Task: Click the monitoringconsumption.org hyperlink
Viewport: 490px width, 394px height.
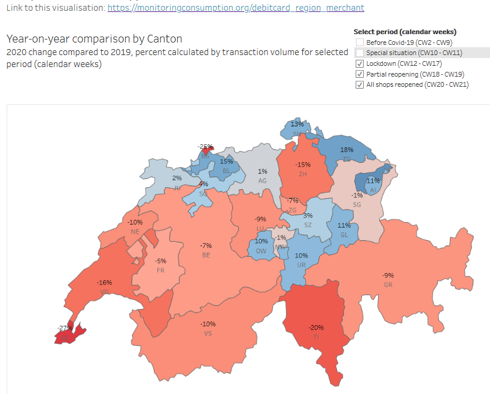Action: click(235, 8)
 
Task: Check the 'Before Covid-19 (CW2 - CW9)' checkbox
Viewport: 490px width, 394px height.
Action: click(360, 43)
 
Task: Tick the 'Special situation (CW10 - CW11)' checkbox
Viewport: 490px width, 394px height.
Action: click(360, 53)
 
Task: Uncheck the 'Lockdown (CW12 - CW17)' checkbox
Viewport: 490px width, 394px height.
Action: click(360, 63)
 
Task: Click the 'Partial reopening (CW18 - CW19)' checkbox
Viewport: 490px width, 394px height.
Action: click(360, 74)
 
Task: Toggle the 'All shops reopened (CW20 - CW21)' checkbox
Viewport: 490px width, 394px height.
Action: click(360, 85)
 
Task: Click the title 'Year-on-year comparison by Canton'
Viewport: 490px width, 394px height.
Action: click(95, 39)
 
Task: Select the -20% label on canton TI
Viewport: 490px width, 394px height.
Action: click(316, 328)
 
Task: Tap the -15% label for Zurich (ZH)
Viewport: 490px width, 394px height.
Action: click(303, 165)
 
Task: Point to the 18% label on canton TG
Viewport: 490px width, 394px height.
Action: click(346, 150)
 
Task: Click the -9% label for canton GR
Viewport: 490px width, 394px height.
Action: click(388, 275)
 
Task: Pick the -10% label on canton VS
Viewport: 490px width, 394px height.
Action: click(208, 324)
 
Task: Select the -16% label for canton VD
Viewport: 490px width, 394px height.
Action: click(105, 282)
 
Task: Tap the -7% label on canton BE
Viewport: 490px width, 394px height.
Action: click(206, 246)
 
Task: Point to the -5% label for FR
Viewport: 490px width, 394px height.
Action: click(160, 261)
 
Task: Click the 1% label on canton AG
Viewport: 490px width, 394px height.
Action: click(262, 172)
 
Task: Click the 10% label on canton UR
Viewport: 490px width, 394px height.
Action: click(301, 255)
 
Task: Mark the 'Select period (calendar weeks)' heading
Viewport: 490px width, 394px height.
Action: click(405, 32)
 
